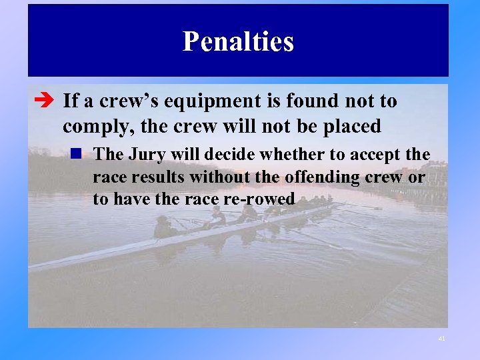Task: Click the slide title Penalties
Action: pyautogui.click(x=238, y=41)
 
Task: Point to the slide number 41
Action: pyautogui.click(x=441, y=339)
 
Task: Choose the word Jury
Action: pyautogui.click(x=145, y=155)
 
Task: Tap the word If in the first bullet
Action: pyautogui.click(x=69, y=102)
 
